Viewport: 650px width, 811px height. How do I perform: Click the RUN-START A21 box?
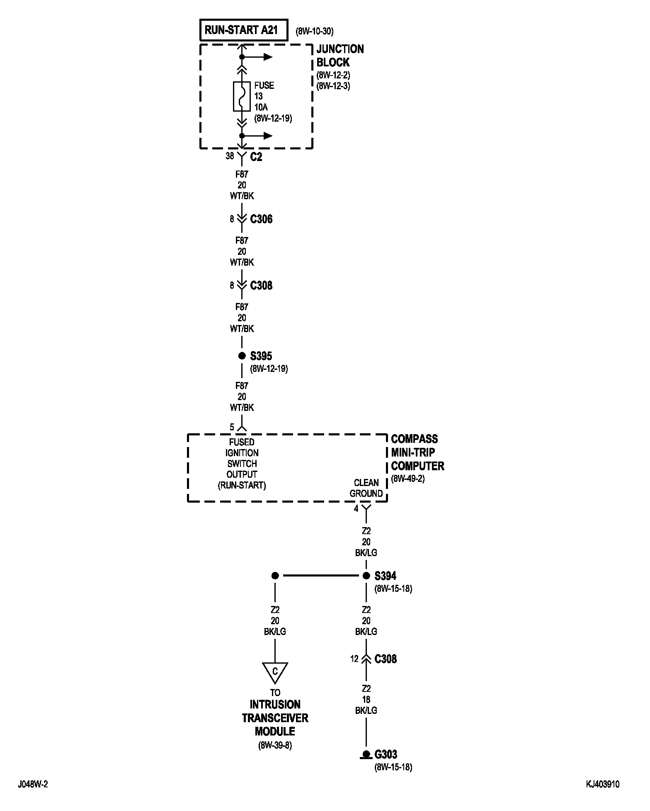[243, 30]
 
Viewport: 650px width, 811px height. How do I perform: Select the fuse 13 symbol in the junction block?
[242, 96]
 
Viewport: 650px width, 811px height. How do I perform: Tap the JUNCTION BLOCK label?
[340, 56]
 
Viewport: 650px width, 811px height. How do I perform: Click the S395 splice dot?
[242, 356]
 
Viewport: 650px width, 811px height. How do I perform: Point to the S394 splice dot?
[366, 576]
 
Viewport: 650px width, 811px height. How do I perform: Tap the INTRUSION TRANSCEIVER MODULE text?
[275, 718]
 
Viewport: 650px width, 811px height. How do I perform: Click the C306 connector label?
[261, 219]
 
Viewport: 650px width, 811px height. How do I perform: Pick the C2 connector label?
[256, 157]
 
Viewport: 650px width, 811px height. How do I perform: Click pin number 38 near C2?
[230, 156]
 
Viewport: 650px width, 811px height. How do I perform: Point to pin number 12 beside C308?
[354, 659]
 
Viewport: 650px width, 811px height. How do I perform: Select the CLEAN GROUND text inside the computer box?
[366, 488]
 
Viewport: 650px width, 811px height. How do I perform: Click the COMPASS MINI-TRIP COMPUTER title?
[417, 452]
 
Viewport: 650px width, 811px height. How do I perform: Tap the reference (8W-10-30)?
[314, 31]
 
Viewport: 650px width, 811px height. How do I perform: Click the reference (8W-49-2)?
[407, 479]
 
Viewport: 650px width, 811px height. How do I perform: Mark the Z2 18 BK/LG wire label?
[366, 699]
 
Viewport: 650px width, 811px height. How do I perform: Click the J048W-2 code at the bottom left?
[33, 784]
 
